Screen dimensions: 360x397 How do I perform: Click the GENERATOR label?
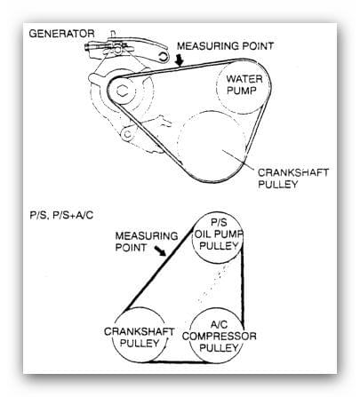coord(61,34)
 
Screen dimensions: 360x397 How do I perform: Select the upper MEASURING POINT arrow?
coord(180,60)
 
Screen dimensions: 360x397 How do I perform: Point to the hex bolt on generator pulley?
coord(122,91)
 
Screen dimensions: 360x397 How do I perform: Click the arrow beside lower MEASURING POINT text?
coord(161,250)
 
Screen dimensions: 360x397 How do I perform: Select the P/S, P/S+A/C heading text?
coord(61,215)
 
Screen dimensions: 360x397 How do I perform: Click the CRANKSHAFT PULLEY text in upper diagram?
coord(293,179)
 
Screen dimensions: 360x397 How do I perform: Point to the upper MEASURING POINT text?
coord(225,46)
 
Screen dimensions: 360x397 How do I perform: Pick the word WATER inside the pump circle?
coord(244,79)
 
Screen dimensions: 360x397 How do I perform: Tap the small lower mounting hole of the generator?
coord(128,134)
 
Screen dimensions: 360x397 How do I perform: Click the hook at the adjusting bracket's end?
coord(164,57)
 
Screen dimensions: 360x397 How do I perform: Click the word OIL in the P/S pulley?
coord(204,234)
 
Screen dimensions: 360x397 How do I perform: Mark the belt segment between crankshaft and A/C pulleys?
coord(177,361)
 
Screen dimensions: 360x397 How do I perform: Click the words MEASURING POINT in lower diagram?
coord(147,242)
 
